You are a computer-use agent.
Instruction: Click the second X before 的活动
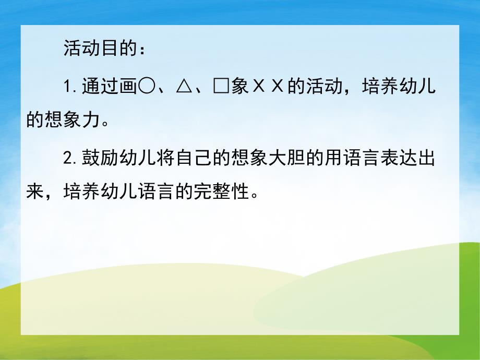click(276, 86)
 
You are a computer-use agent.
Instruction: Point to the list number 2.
click(67, 160)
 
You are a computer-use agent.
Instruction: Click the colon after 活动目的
click(144, 50)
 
